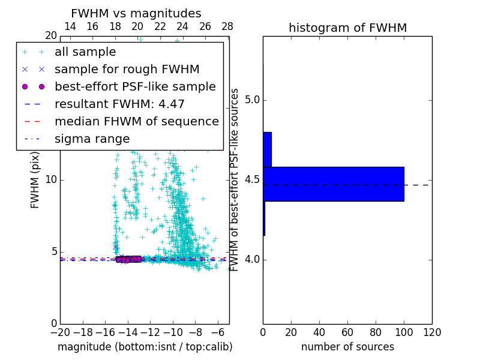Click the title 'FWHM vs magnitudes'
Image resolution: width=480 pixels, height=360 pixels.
tap(136, 14)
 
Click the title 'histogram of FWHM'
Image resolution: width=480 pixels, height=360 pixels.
tap(347, 28)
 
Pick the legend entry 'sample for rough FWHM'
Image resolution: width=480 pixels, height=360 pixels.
tap(127, 70)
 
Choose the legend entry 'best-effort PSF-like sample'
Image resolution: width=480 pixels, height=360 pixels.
tap(135, 87)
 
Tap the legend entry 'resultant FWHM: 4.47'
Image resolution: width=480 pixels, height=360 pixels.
tap(119, 104)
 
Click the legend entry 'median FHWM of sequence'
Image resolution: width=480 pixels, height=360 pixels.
tap(136, 122)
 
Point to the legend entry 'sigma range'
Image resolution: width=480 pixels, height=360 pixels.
tap(92, 139)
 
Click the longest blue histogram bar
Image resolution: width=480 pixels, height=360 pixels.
tap(333, 184)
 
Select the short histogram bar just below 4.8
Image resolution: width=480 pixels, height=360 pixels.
tap(267, 149)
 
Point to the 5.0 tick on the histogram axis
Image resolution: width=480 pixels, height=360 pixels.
tap(252, 100)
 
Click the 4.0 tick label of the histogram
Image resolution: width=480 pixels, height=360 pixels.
tap(252, 259)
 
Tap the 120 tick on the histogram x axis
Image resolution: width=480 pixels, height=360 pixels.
tap(432, 332)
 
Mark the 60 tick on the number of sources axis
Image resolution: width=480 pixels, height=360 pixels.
tap(347, 332)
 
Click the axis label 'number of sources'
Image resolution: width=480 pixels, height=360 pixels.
tap(347, 347)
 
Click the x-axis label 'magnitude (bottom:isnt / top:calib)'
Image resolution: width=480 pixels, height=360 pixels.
tap(145, 347)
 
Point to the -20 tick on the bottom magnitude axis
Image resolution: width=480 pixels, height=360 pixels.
tap(60, 332)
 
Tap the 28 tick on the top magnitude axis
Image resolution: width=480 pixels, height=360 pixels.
tap(227, 26)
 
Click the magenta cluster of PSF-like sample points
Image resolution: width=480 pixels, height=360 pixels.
tap(129, 259)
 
